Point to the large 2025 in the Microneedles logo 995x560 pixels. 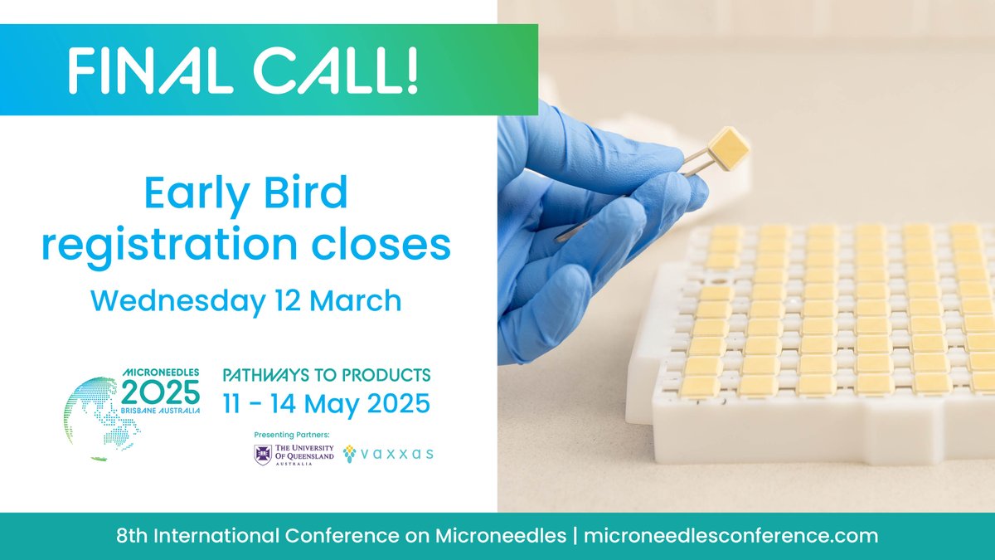(x=161, y=391)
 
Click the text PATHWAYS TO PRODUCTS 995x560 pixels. (x=327, y=375)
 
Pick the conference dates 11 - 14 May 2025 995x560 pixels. (x=327, y=404)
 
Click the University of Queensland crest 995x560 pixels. (x=262, y=454)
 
